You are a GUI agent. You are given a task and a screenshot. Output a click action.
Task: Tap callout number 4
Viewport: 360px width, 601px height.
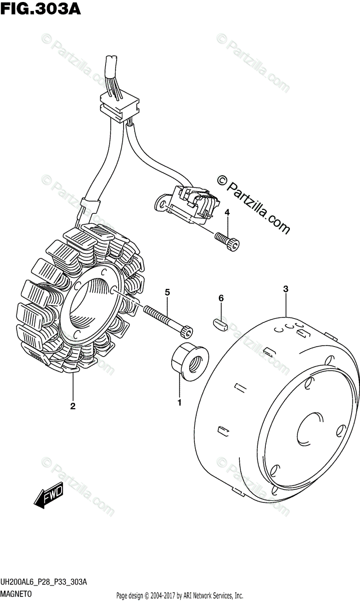(227, 213)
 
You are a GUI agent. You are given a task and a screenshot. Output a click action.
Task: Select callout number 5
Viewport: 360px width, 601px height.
(167, 292)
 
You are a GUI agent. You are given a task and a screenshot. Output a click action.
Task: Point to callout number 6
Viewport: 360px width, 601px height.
(220, 299)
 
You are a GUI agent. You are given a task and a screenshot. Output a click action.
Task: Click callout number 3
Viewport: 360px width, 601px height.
(285, 289)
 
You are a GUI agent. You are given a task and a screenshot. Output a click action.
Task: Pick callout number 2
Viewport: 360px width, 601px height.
(73, 406)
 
